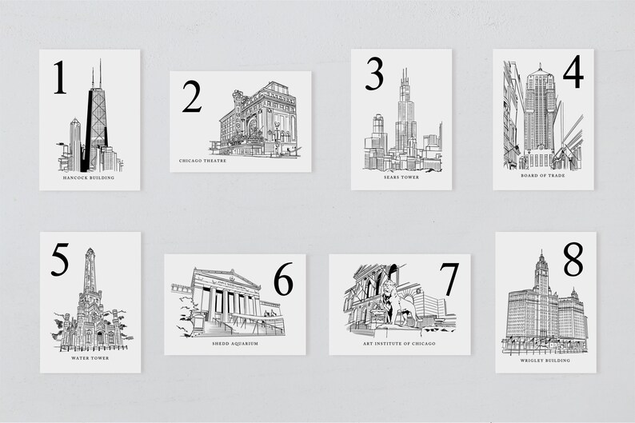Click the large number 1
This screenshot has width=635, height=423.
coord(60,78)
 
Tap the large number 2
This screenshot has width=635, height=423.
coord(191,97)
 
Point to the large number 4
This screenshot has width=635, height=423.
coord(572,73)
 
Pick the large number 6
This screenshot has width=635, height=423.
coord(283,277)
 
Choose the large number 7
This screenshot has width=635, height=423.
coord(449,278)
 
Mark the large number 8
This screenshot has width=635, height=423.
coord(573,258)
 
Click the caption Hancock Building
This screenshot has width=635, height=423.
coord(88,178)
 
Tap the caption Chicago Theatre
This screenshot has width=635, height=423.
coord(203,160)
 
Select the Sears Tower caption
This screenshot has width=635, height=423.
coord(401,177)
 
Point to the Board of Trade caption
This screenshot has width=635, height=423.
coord(542,174)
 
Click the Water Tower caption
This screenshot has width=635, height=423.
coord(90,358)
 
